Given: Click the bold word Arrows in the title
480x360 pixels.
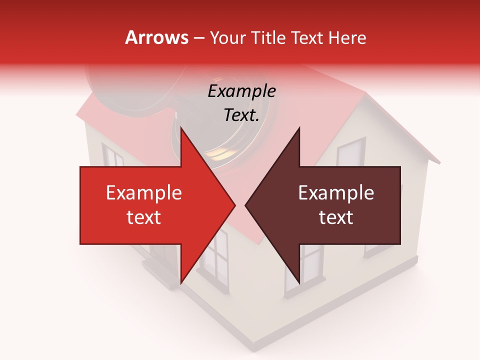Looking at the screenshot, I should [x=157, y=37].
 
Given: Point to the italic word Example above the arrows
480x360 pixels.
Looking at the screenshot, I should [x=241, y=91].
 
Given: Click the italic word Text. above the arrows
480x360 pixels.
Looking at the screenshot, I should [x=241, y=115].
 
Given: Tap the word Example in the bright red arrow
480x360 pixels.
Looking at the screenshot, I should [x=144, y=193].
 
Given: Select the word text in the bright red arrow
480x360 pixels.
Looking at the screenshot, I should [x=144, y=217].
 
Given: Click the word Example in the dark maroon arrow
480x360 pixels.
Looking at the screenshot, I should [x=336, y=193].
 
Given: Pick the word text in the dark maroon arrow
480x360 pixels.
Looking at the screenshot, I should [x=336, y=217].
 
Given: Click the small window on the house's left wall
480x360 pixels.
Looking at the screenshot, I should [x=112, y=155].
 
